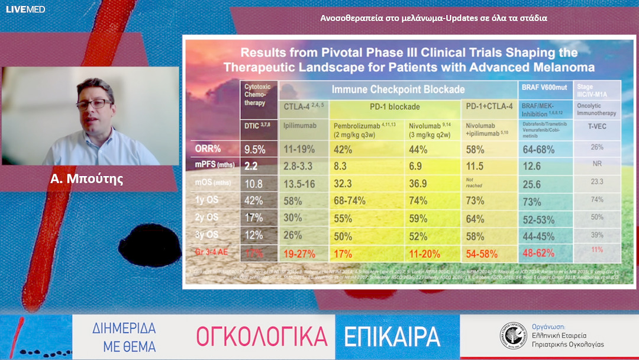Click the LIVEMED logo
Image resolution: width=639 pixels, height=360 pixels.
[25, 9]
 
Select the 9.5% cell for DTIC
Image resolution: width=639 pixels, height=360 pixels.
[255, 150]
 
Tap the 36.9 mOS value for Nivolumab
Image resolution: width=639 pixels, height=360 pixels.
[419, 184]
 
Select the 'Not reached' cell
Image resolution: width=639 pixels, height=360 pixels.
[475, 184]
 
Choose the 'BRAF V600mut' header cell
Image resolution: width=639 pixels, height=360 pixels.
[544, 91]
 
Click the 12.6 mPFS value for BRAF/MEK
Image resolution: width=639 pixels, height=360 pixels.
[532, 167]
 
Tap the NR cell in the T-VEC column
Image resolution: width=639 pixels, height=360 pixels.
[597, 164]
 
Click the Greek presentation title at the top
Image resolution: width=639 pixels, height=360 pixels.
[434, 18]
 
